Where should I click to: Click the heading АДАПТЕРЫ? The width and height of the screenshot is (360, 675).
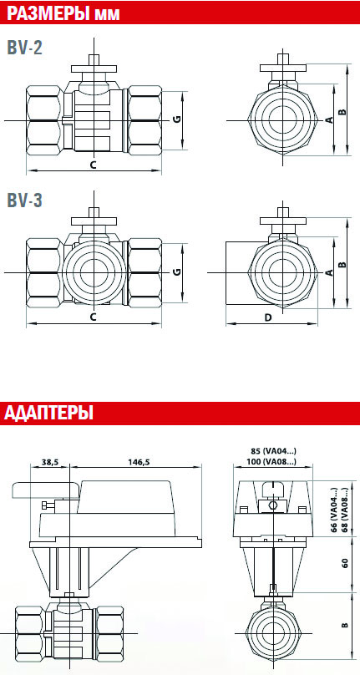coord(49,414)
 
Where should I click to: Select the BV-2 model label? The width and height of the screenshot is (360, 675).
coord(25,48)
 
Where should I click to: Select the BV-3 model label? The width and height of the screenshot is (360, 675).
coord(25,200)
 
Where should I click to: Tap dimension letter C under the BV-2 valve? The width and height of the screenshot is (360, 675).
coord(93,165)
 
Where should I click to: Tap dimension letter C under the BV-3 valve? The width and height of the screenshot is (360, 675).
coord(93,317)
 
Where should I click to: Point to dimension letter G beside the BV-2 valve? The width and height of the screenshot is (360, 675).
coord(176,119)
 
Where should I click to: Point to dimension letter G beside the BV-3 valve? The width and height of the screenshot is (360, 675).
coord(176,272)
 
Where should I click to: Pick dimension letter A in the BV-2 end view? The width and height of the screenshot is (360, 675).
coord(329,120)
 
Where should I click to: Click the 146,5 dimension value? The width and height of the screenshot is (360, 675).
coord(139,461)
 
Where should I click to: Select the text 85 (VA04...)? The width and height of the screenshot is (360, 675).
coord(272,452)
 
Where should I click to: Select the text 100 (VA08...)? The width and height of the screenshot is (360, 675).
coord(272,462)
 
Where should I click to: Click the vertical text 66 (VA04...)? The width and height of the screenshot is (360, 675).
coord(335,511)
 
